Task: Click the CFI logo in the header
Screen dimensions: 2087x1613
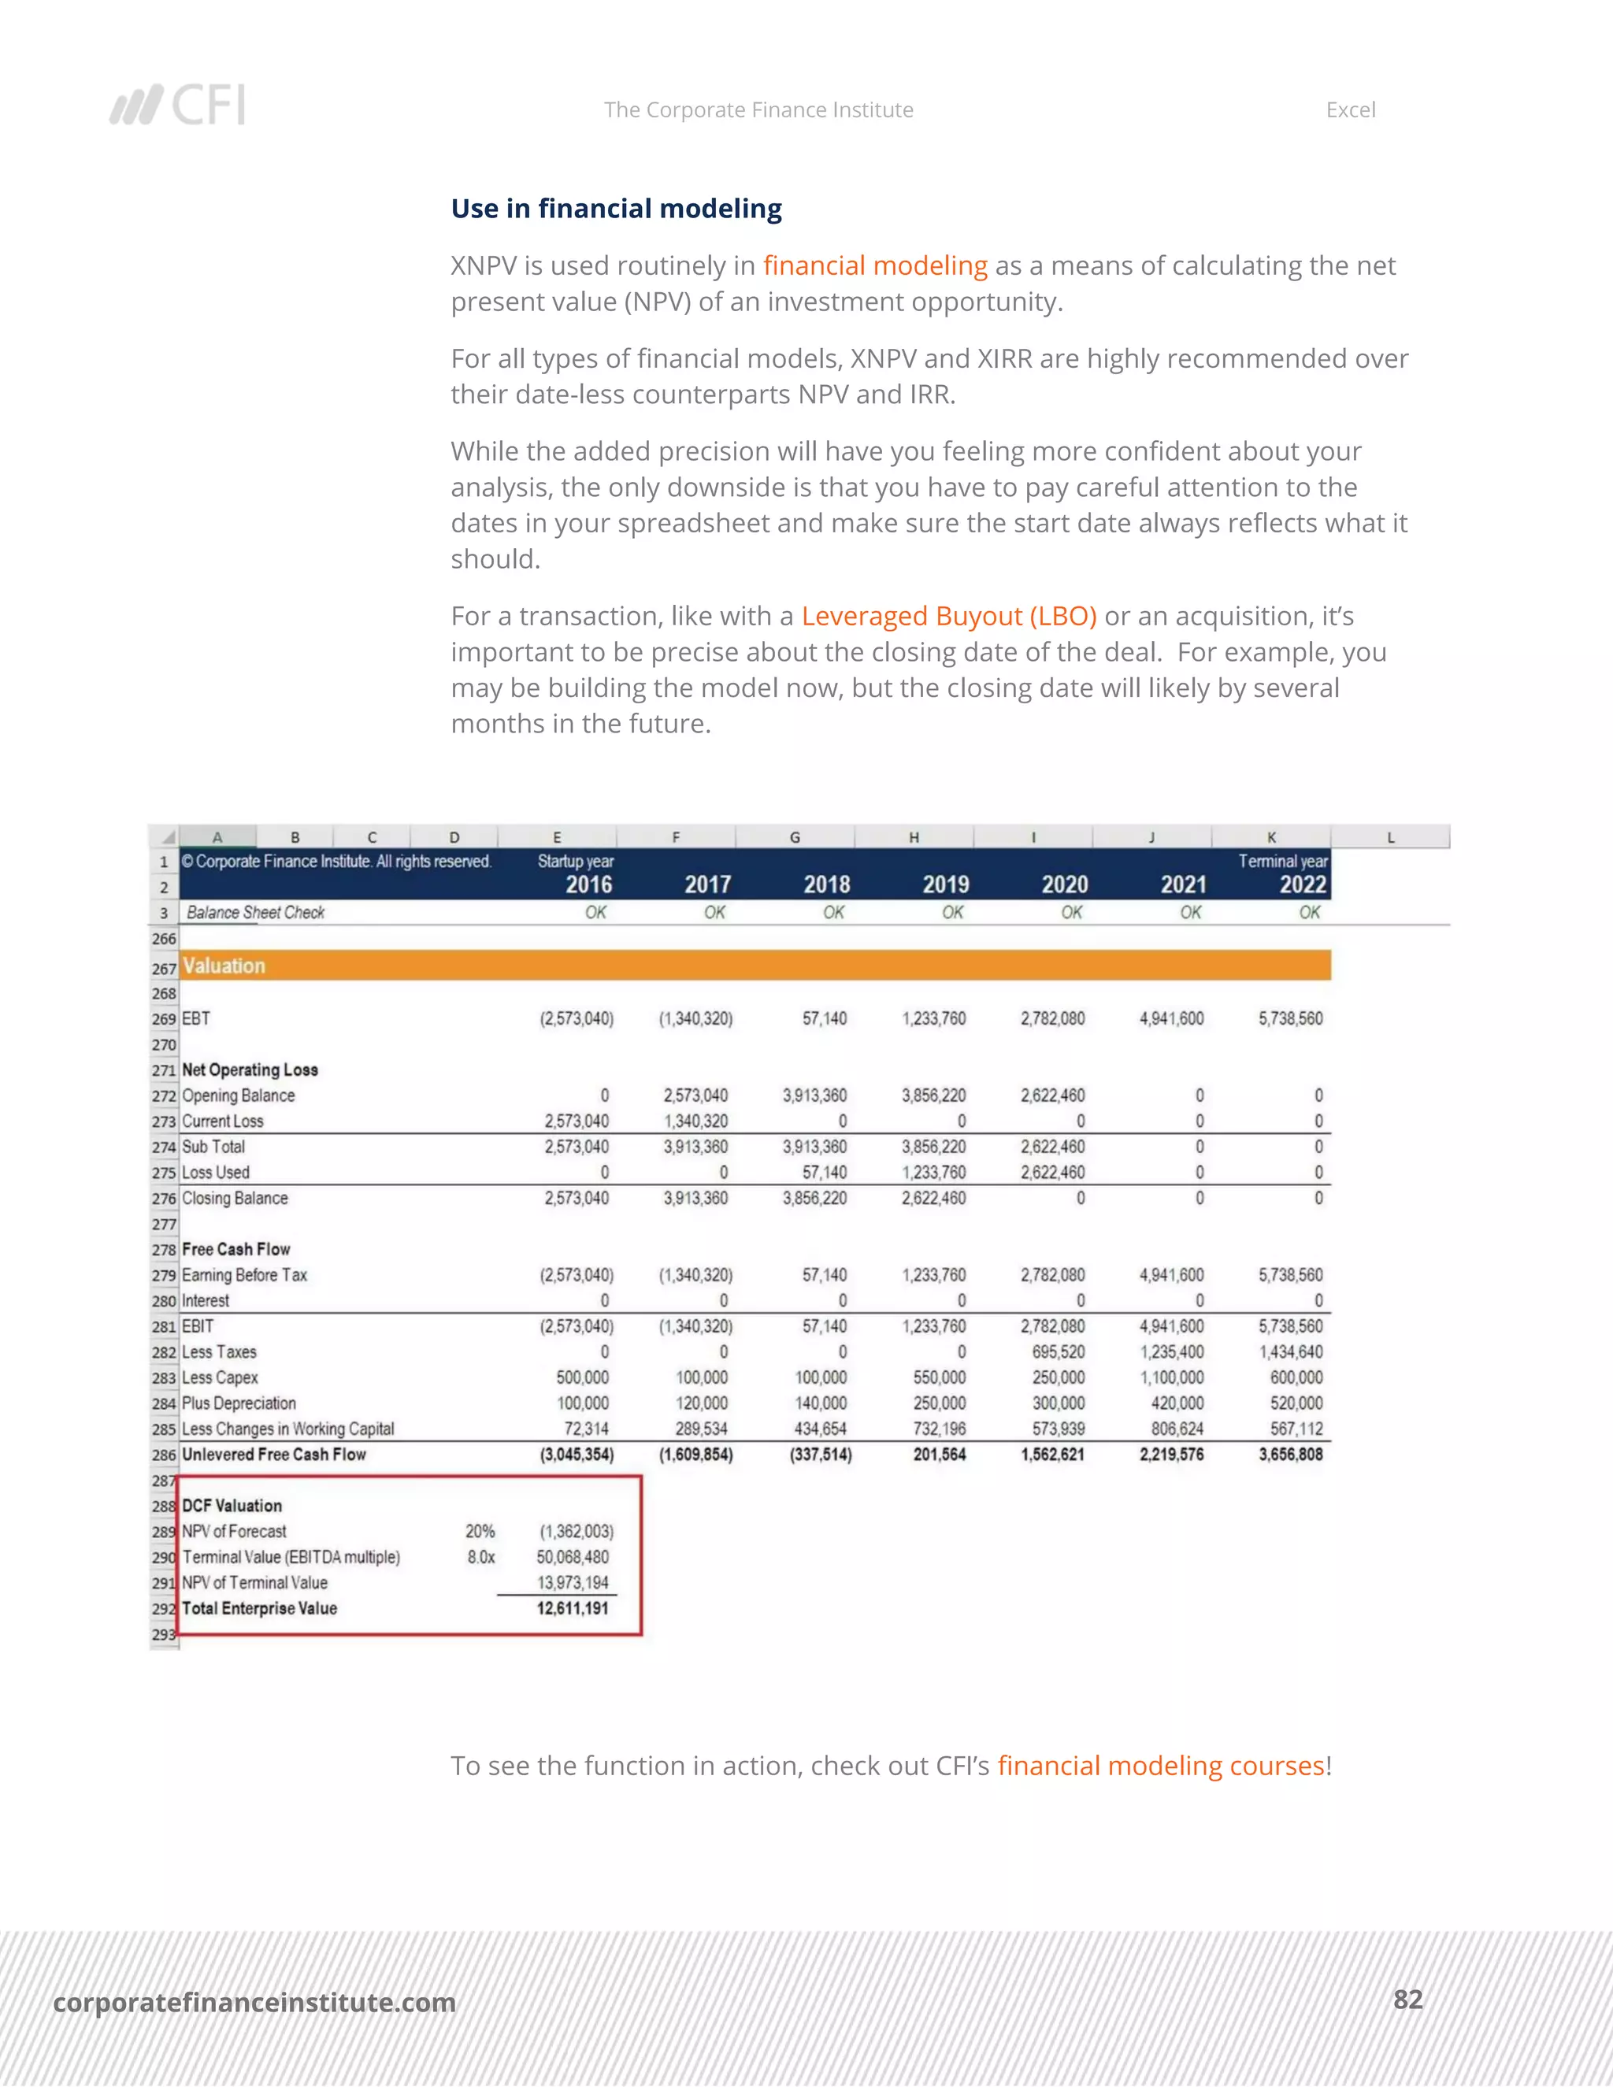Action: (178, 105)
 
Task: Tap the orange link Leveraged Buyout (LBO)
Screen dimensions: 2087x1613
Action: (948, 617)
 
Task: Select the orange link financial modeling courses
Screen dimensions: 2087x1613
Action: (1160, 1766)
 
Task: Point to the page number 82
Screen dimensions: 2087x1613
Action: (1407, 1999)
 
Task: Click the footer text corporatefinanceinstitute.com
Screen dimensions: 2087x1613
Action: (254, 2002)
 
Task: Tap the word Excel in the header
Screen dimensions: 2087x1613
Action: (1349, 110)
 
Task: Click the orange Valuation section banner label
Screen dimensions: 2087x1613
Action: (224, 966)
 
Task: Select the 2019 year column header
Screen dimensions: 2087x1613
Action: (945, 885)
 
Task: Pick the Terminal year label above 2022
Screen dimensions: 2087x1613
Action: (1281, 861)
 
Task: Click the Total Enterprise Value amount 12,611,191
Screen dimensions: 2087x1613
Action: (572, 1608)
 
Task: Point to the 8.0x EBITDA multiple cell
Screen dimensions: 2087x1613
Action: (480, 1557)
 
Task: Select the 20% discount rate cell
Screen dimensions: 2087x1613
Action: (480, 1531)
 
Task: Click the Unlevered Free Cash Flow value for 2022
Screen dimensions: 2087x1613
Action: (1290, 1455)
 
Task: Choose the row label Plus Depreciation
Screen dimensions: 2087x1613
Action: (239, 1403)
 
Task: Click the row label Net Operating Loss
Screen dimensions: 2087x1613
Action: (250, 1070)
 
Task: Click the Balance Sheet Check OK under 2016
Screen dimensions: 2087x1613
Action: (595, 913)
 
